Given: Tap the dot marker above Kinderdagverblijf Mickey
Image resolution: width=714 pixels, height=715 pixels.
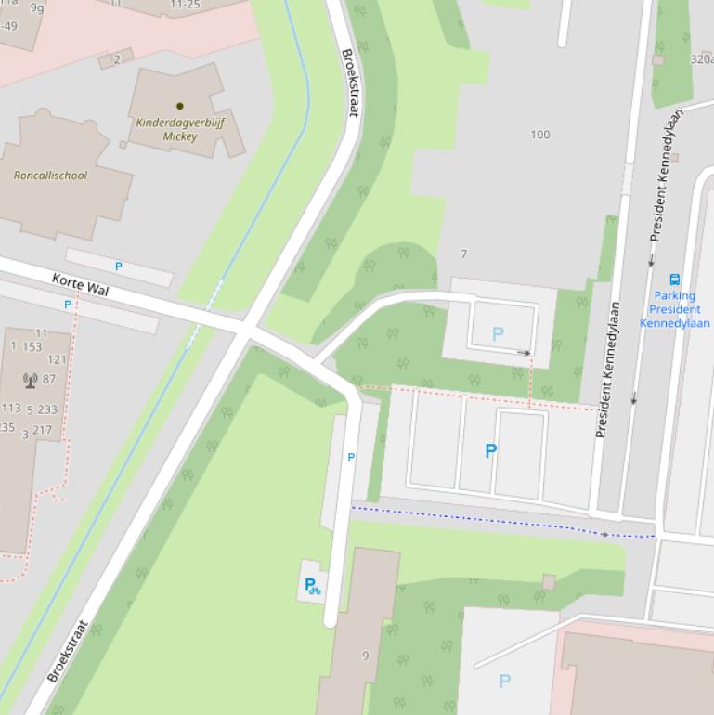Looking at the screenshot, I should (x=180, y=106).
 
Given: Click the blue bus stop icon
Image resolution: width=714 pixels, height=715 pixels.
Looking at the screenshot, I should (x=675, y=279).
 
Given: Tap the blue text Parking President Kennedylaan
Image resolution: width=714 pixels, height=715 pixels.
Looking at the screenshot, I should (x=675, y=309).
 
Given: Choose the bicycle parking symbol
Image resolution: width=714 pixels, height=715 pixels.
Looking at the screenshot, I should (x=313, y=586).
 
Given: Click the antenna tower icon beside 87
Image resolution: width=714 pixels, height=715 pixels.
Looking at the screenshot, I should (x=29, y=379).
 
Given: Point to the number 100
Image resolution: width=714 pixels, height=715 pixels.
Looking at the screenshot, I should (x=539, y=135).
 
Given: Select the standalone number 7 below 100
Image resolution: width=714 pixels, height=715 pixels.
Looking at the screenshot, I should (x=464, y=254).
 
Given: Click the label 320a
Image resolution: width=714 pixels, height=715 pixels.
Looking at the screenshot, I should (x=702, y=59).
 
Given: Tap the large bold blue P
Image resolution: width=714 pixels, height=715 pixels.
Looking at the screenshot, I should (x=490, y=451).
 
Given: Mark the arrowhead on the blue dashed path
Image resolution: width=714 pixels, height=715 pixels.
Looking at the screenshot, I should (x=605, y=534).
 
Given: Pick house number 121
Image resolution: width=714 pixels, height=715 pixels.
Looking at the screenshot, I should (x=57, y=359).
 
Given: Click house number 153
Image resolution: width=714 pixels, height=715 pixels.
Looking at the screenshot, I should (x=32, y=346).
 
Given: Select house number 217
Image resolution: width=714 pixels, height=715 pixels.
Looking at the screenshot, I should (x=43, y=430).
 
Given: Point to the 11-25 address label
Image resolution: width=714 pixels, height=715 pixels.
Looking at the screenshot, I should (x=184, y=5).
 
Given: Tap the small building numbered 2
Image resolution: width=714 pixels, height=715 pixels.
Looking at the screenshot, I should (x=116, y=59).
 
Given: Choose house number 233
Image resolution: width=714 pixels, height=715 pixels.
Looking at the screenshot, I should (x=47, y=409).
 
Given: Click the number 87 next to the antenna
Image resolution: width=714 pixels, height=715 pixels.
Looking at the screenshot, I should (x=49, y=379).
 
